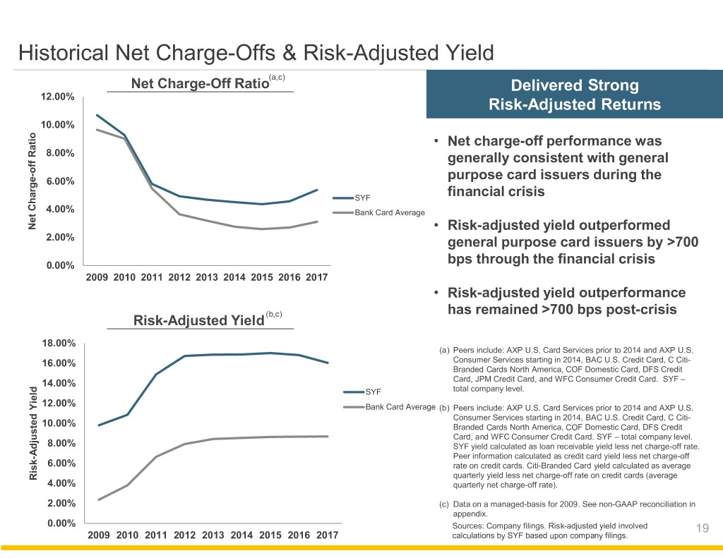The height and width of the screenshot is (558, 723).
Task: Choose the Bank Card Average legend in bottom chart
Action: [x=400, y=406]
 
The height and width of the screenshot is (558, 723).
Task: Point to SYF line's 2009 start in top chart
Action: [x=97, y=115]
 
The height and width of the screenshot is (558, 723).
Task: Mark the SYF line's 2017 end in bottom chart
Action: [x=328, y=363]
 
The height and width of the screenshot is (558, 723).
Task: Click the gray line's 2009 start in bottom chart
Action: [x=99, y=499]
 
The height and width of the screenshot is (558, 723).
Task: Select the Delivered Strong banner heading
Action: [x=575, y=86]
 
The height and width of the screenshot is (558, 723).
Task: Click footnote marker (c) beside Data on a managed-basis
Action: [x=443, y=504]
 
